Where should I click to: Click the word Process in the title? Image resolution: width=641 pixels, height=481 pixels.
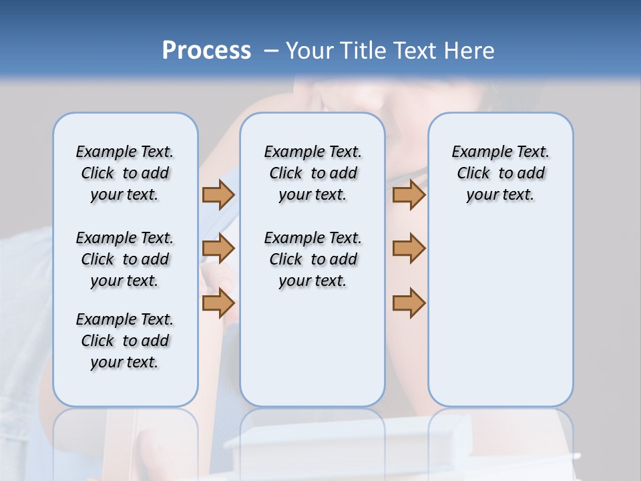206,51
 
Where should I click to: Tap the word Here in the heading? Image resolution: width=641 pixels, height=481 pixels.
470,51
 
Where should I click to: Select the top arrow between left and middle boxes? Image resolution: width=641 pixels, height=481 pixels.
218,194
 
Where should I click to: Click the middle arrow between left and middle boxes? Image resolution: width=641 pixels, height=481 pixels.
218,249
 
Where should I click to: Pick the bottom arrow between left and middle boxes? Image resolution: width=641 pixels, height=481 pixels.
218,303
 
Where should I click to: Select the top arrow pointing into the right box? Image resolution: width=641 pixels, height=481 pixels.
409,194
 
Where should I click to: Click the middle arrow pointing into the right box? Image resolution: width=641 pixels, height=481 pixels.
409,249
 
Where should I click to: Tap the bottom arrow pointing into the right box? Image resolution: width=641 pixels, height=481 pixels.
409,303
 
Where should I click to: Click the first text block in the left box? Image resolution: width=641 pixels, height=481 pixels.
125,173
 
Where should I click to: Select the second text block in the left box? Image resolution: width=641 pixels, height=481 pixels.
125,259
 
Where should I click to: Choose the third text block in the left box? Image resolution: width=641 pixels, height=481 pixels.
125,341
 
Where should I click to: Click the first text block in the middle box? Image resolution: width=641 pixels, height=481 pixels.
312,173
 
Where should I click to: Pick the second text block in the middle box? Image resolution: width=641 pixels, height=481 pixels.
312,259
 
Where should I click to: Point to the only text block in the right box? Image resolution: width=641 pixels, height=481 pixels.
500,173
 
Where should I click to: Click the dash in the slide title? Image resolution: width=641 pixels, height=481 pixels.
271,51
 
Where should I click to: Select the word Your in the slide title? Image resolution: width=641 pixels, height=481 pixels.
309,51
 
